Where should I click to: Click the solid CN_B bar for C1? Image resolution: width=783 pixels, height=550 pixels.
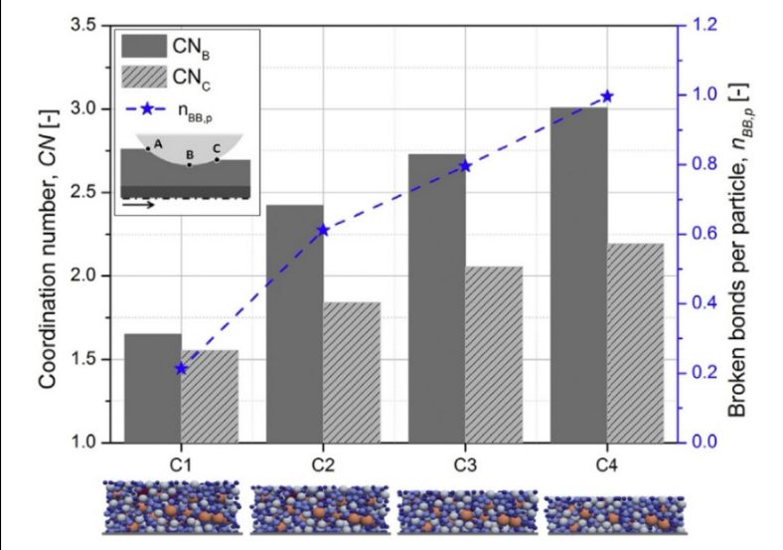pos(152,388)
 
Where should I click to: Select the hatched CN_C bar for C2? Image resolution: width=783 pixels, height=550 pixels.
pos(352,372)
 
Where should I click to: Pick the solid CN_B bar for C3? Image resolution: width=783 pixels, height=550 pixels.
pos(437,298)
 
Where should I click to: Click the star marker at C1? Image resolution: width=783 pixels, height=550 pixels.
pos(181,368)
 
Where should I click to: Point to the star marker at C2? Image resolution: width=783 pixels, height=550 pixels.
pos(323,230)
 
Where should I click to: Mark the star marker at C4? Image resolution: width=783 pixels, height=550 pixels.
pos(608,96)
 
